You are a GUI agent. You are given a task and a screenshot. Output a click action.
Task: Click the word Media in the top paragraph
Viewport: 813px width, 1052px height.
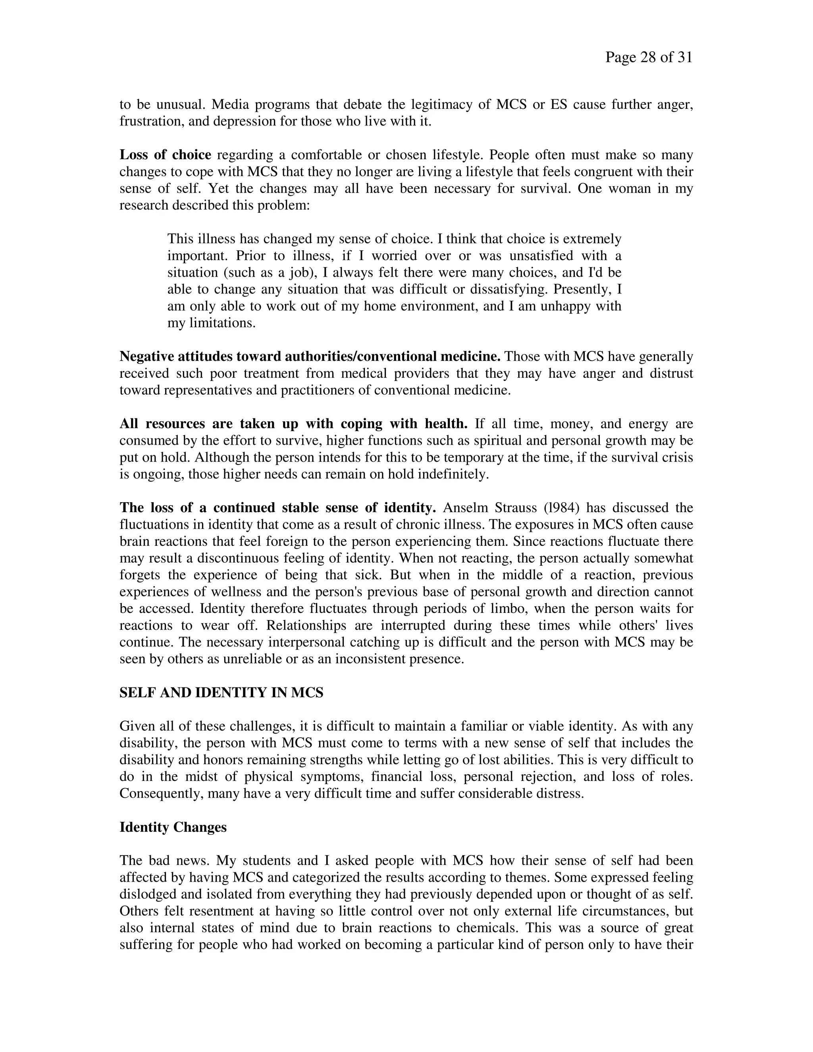pos(231,104)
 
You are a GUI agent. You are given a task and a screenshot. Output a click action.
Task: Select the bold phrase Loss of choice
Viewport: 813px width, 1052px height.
pos(165,155)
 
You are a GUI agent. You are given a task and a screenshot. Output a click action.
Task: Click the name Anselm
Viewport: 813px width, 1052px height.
pos(464,508)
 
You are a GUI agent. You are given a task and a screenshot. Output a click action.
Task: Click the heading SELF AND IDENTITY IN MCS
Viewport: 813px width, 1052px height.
pos(222,693)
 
